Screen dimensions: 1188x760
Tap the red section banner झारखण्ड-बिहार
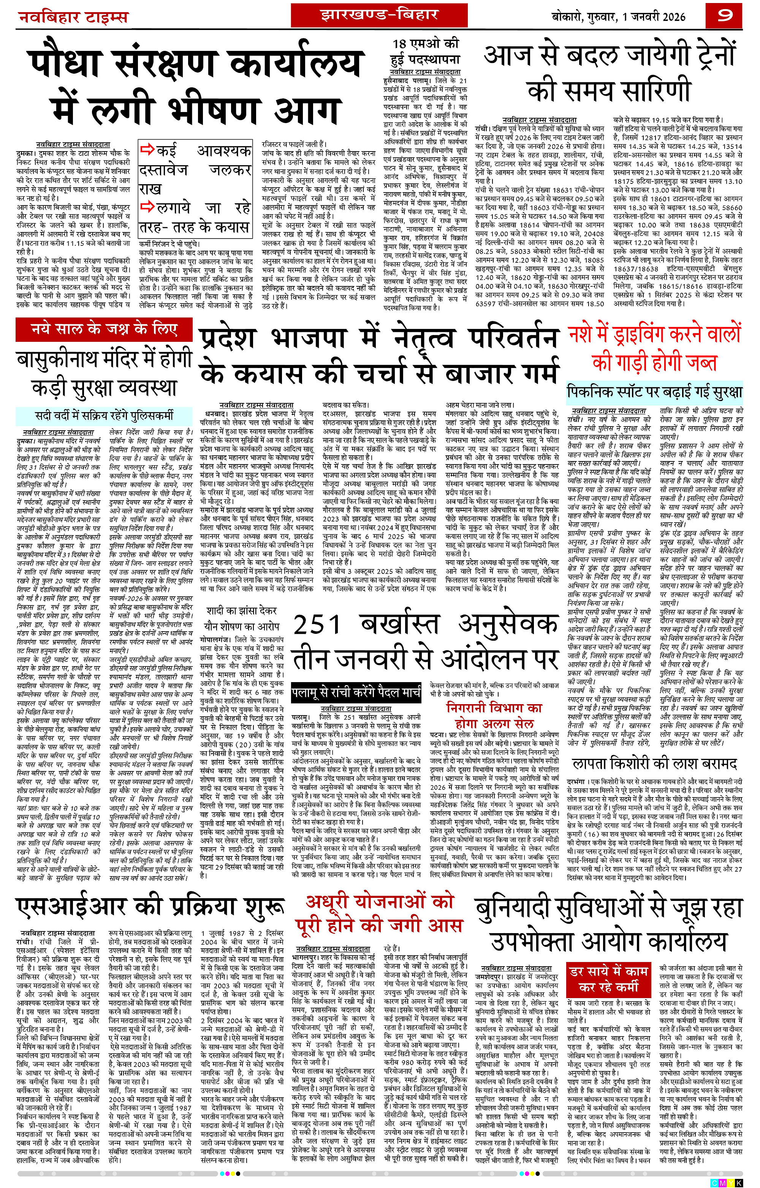coord(379,14)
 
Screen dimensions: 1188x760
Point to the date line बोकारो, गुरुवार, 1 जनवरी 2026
coord(618,16)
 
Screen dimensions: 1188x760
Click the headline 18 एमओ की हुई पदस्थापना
coord(425,52)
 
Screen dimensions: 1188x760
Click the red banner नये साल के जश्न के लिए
coord(104,329)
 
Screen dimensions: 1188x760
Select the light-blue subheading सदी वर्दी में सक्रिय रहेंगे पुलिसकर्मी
coord(104,415)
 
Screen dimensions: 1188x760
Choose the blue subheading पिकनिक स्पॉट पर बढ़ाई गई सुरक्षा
coord(654,392)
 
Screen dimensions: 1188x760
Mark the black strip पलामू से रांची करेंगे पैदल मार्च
coord(356,692)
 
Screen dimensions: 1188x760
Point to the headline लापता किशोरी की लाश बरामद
coord(654,763)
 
